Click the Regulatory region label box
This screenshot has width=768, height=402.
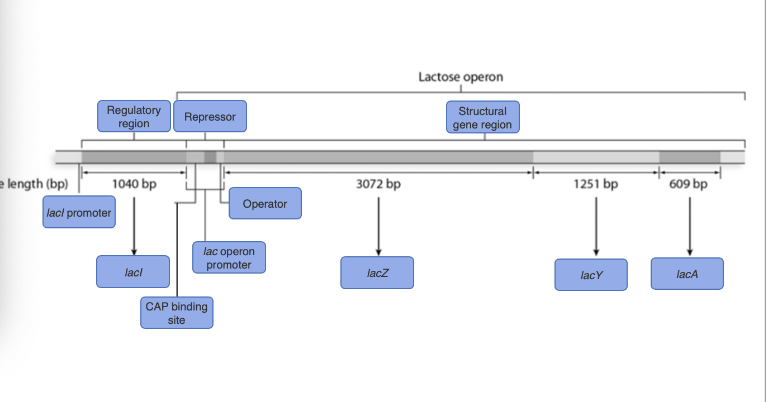pyautogui.click(x=134, y=116)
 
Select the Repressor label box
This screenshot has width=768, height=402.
pyautogui.click(x=210, y=116)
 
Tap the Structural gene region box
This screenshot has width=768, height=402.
pyautogui.click(x=482, y=117)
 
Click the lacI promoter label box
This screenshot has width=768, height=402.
pyautogui.click(x=79, y=212)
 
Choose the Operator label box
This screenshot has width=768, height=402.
pyautogui.click(x=265, y=203)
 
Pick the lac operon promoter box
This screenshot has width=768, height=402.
pyautogui.click(x=229, y=257)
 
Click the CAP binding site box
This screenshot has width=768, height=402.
pyautogui.click(x=177, y=313)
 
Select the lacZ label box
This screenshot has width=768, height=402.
pyautogui.click(x=377, y=272)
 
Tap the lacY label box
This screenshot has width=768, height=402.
pyautogui.click(x=591, y=274)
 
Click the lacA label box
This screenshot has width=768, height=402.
pyautogui.click(x=687, y=274)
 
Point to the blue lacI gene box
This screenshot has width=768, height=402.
pyautogui.click(x=133, y=271)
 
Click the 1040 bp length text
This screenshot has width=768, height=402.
pyautogui.click(x=134, y=184)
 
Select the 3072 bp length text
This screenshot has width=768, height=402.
pyautogui.click(x=378, y=184)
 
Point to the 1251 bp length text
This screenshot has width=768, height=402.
pyautogui.click(x=596, y=184)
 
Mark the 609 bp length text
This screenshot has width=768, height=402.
pyautogui.click(x=688, y=184)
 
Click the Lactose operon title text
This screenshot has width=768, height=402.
pyautogui.click(x=461, y=77)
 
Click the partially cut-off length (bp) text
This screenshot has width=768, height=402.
pyautogui.click(x=34, y=184)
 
